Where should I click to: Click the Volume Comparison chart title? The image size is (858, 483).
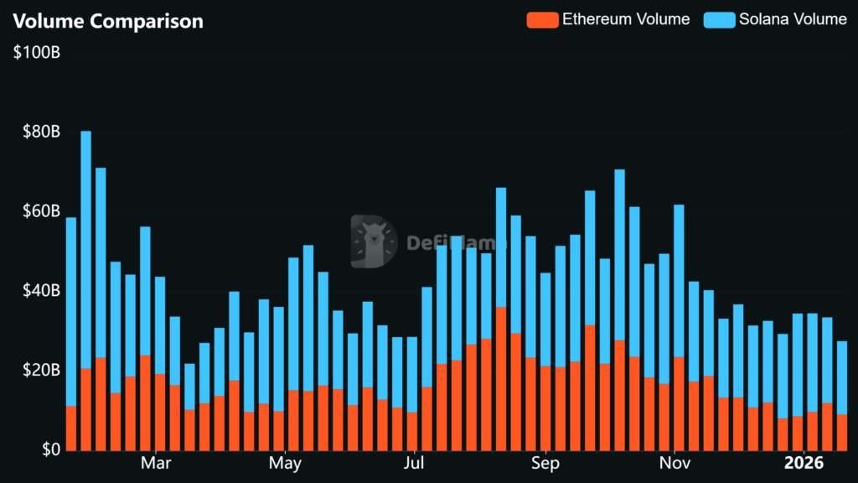click(108, 21)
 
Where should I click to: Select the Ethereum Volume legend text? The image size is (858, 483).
click(625, 19)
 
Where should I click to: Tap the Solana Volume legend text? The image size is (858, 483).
click(792, 19)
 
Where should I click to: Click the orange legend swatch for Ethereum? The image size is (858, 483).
click(542, 19)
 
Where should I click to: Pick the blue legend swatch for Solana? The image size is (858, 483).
click(719, 19)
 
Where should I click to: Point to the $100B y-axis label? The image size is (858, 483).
click(37, 54)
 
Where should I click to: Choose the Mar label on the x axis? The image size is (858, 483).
click(156, 463)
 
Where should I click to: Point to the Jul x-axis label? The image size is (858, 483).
click(413, 463)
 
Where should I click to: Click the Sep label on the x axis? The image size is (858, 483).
click(545, 463)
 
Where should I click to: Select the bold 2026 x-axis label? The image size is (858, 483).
click(803, 463)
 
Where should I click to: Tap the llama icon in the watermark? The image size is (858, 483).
click(374, 242)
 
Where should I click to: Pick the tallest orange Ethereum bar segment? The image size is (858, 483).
click(501, 378)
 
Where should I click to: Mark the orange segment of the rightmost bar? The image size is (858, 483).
click(842, 432)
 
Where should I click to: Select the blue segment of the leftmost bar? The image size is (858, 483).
click(71, 311)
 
